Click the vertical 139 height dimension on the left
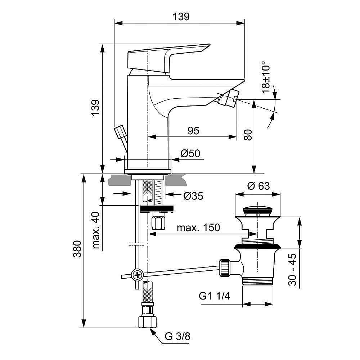click(x=95, y=108)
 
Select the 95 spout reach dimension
click(x=193, y=130)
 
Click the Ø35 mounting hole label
click(x=193, y=196)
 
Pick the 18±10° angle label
click(x=266, y=77)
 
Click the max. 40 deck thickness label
click(x=96, y=231)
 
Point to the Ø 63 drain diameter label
click(x=258, y=186)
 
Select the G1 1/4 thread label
click(x=214, y=297)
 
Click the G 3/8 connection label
click(x=177, y=337)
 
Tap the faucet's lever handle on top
click(x=166, y=58)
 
